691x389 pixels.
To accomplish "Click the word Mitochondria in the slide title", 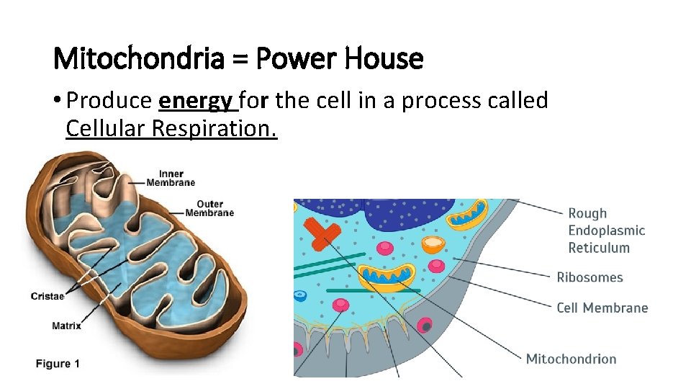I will tap(139, 58).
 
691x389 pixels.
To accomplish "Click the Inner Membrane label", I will tap(171, 178).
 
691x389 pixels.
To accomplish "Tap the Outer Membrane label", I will tap(209, 208).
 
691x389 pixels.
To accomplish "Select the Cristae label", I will tap(48, 296).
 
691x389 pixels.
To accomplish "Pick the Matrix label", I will tap(66, 326).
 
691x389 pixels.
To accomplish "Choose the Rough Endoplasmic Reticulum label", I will tap(606, 231).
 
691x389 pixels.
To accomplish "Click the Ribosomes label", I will tap(590, 277).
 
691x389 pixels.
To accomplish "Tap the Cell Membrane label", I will tap(602, 308).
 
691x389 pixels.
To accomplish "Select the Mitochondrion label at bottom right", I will tap(571, 359).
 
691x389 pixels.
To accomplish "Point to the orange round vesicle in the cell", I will tap(432, 246).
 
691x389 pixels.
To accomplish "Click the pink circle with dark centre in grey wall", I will tap(425, 326).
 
